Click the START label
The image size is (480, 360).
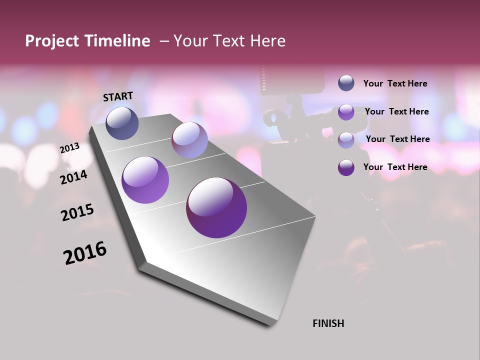tap(118, 96)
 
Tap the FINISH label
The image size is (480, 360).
tap(328, 323)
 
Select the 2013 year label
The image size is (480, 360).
tap(70, 148)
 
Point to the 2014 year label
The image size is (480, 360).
tap(74, 177)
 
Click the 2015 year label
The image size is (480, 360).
tap(77, 212)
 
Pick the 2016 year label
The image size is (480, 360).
tap(85, 253)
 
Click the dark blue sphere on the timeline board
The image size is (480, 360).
tap(122, 123)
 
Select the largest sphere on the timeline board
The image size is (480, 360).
tap(216, 207)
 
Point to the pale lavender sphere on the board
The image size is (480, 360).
tap(189, 140)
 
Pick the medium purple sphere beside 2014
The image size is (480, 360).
tap(145, 180)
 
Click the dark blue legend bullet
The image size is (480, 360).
tap(346, 83)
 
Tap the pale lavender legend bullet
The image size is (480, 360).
tap(346, 139)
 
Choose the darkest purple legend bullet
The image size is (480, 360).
tap(346, 167)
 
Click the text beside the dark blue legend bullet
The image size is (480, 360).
tap(395, 84)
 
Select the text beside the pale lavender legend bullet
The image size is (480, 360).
tap(397, 139)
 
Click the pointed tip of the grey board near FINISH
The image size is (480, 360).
tap(272, 325)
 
